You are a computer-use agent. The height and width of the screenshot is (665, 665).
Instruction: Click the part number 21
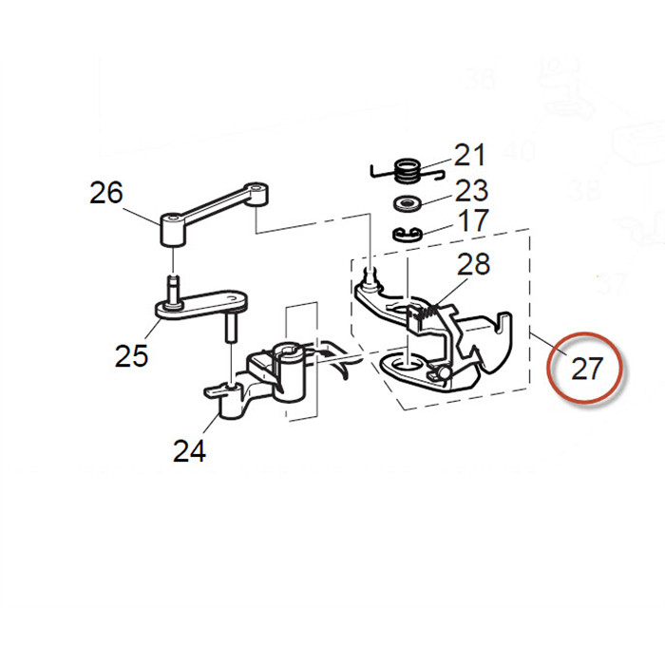tap(469, 155)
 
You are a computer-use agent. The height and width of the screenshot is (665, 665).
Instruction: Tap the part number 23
tap(471, 189)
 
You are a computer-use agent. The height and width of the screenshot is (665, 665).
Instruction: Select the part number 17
tap(472, 221)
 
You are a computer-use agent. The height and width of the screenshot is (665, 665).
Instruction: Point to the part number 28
tap(474, 265)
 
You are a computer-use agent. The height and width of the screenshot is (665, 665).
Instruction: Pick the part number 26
tap(106, 193)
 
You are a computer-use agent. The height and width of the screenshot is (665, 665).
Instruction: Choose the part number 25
tap(132, 355)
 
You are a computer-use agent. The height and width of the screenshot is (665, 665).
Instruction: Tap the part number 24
tap(189, 451)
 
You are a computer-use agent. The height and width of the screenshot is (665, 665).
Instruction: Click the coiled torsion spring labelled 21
tap(407, 172)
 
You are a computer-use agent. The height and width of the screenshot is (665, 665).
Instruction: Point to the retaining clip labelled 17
tap(407, 234)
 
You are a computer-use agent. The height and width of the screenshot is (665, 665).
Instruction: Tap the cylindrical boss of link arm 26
tap(170, 229)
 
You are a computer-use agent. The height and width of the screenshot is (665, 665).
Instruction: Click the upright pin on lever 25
tap(231, 328)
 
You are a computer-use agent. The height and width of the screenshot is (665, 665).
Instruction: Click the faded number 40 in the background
tap(521, 151)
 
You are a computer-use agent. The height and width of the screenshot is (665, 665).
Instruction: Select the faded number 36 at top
tap(478, 78)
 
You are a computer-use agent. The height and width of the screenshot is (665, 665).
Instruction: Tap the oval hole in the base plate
tap(407, 363)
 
